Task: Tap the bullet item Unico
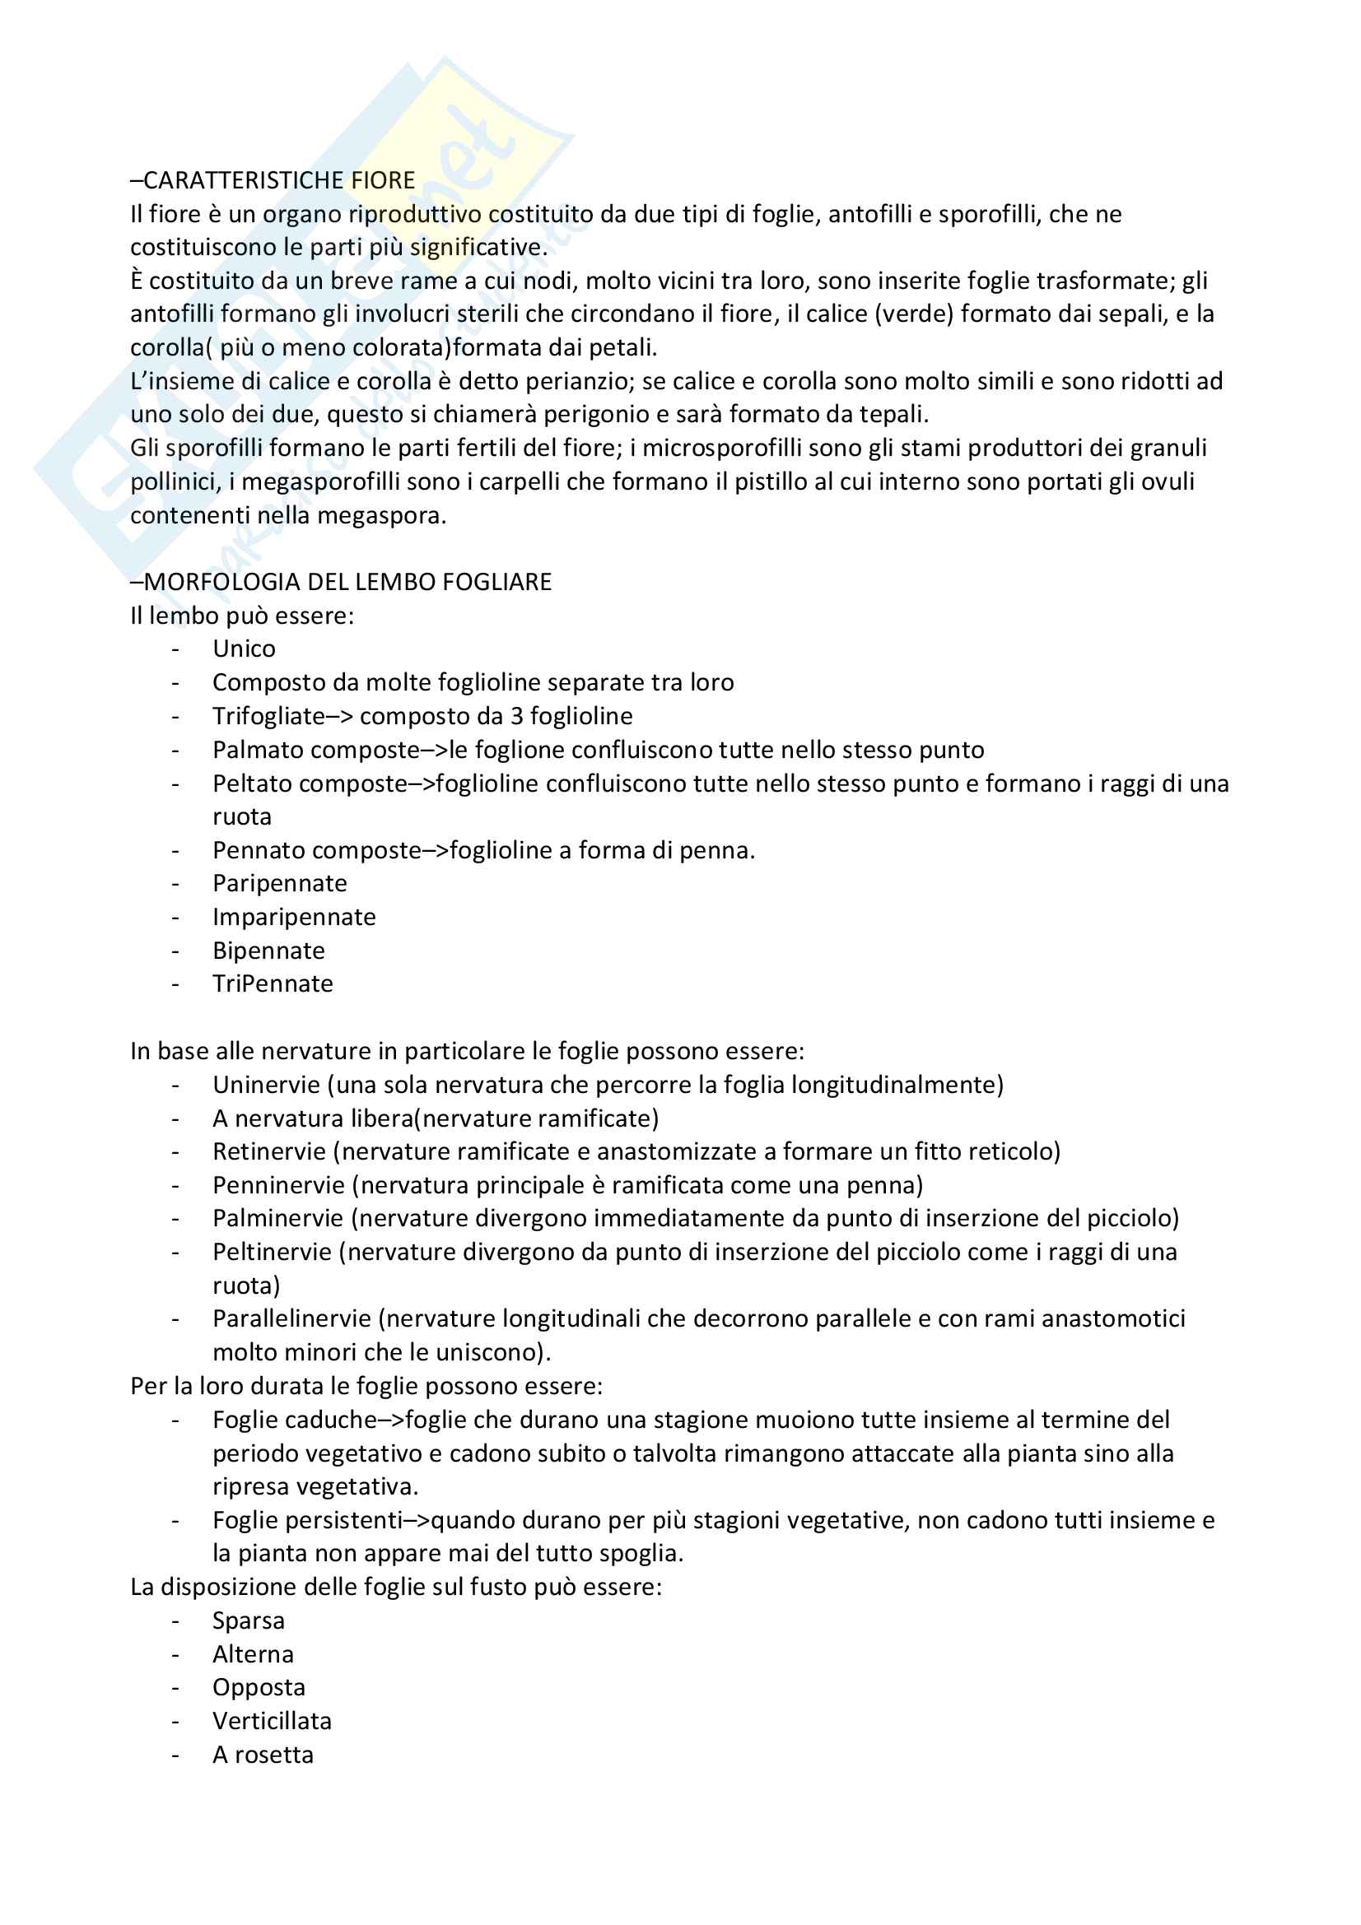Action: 244,649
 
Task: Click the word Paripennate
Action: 279,883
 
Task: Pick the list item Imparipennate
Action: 293,916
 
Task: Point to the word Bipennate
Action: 268,950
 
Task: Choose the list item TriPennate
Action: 273,983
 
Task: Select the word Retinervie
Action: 269,1151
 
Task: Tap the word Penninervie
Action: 278,1184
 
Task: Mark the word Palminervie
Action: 277,1218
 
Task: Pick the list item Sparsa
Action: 248,1620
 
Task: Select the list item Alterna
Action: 254,1654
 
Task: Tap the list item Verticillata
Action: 272,1721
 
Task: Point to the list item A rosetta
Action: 263,1755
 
